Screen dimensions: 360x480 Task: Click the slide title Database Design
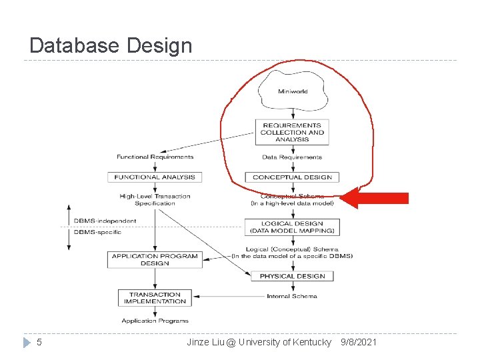(111, 45)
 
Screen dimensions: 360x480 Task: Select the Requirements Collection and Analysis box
(292, 132)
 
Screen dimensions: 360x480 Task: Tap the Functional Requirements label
(155, 157)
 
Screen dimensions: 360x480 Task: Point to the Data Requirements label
(292, 157)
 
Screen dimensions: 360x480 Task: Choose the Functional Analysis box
(155, 177)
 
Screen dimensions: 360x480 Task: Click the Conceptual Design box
(292, 177)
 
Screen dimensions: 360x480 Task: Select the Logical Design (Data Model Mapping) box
(292, 227)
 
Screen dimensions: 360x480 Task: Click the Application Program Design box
(155, 259)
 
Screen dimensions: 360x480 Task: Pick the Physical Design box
(292, 276)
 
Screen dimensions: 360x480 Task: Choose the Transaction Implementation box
(155, 298)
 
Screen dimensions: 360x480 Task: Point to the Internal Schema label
(291, 296)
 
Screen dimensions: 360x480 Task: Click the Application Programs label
(155, 321)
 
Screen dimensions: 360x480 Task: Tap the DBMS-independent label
(105, 221)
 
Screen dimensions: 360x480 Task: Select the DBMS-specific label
(97, 232)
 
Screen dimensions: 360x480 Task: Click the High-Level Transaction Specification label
(155, 199)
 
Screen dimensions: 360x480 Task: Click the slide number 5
(39, 342)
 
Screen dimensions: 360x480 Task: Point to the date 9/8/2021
(358, 342)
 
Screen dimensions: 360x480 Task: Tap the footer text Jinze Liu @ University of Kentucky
(259, 342)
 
